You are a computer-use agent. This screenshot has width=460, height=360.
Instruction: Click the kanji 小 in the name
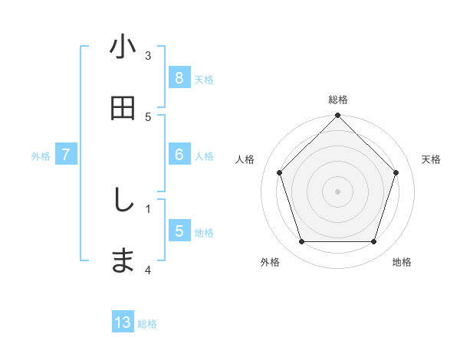[123, 47]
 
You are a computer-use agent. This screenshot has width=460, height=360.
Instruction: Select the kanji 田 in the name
[123, 109]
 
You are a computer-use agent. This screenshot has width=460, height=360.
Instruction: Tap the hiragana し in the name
[123, 200]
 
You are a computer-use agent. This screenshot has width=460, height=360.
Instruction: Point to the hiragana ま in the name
[123, 260]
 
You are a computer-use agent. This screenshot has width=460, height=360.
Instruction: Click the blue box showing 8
[179, 78]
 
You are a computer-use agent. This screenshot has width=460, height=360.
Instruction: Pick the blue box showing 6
[179, 155]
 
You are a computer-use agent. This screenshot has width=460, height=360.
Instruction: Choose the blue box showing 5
[179, 231]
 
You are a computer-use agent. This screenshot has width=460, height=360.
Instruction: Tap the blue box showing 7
[66, 155]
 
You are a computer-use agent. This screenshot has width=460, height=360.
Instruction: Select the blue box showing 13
[123, 322]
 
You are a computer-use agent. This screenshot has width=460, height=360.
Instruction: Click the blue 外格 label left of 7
[41, 155]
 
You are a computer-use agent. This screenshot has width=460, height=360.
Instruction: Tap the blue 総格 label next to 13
[147, 323]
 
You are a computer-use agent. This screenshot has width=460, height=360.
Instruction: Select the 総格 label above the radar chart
[338, 100]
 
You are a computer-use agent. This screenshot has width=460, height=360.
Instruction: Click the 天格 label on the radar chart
[432, 159]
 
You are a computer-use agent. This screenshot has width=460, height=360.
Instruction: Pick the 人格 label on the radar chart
[245, 159]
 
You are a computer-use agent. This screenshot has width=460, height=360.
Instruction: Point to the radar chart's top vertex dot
[338, 116]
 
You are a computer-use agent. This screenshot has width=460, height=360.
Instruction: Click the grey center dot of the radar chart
[338, 191]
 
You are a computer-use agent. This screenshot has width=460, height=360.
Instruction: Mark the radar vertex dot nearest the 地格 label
[374, 242]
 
